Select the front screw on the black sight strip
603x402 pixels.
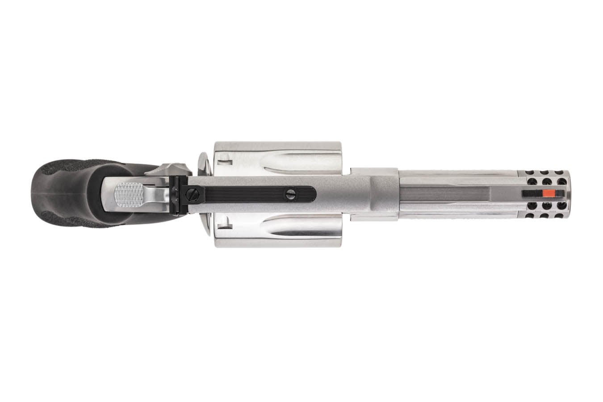click(291, 193)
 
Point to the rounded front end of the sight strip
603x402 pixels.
click(313, 193)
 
